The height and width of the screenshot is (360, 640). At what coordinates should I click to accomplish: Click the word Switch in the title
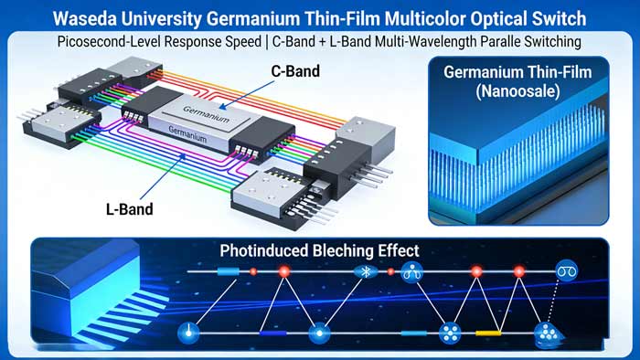[549, 18]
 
